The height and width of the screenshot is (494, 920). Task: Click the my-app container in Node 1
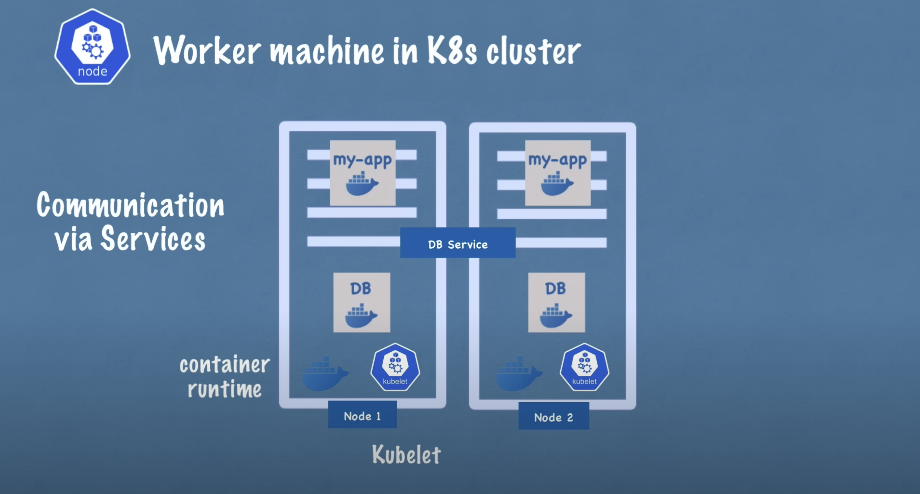coord(362,173)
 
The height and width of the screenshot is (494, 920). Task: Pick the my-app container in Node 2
coord(558,173)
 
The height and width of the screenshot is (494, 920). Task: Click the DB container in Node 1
coord(361,302)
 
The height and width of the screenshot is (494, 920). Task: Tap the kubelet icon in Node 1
coord(395,367)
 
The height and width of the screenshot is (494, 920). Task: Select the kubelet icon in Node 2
coord(584,367)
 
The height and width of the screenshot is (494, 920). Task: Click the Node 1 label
coord(362,415)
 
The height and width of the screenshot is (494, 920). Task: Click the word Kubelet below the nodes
coord(407,455)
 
